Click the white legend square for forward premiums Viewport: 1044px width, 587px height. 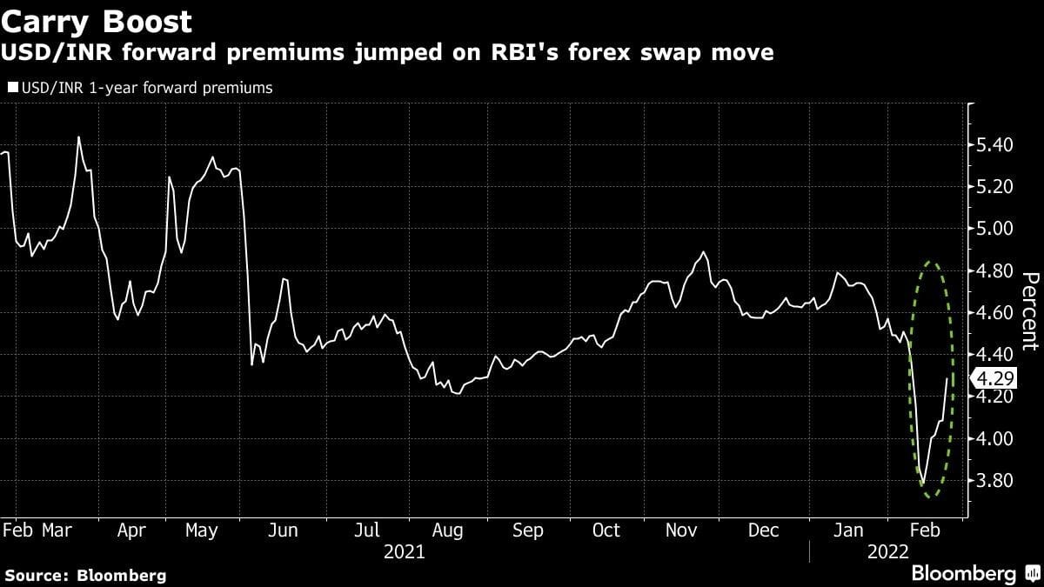coord(12,87)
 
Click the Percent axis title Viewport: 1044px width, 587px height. coord(1028,311)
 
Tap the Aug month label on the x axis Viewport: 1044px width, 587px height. coord(447,530)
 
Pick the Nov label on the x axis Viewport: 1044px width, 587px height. coord(683,530)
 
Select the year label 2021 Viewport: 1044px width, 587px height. coord(405,551)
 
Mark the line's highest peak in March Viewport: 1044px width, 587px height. coord(79,137)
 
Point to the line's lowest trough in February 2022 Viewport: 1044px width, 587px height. coord(922,485)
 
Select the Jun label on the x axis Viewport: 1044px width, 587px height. coord(284,530)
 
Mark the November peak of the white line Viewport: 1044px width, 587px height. coord(703,252)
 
